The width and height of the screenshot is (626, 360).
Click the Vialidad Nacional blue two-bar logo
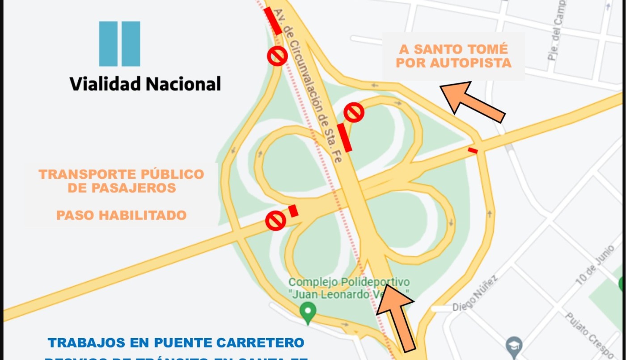(119, 44)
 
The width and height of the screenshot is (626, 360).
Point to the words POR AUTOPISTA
(453, 63)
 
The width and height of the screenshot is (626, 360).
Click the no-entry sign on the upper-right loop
(354, 112)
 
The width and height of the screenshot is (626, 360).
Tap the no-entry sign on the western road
(275, 221)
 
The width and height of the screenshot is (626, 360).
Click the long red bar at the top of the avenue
(273, 21)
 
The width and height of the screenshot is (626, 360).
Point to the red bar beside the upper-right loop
(344, 137)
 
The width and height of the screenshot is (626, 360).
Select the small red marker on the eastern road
(473, 151)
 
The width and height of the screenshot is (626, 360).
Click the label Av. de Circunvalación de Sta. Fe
(309, 85)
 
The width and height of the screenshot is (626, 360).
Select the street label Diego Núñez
(475, 294)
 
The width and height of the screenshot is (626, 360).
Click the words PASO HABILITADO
(121, 215)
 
